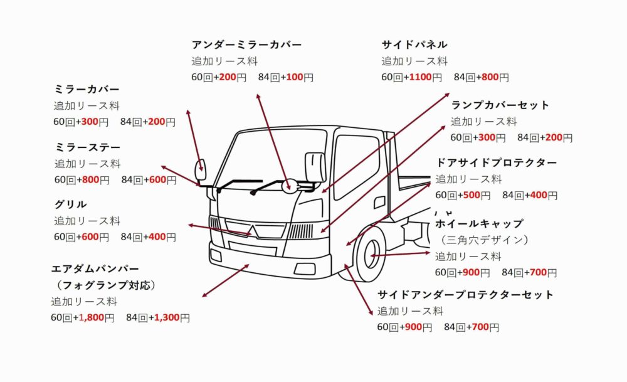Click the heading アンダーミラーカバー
click(246, 45)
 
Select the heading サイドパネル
click(414, 45)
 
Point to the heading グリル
click(70, 204)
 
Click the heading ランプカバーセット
click(500, 105)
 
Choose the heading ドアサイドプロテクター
click(496, 163)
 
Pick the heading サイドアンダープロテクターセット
click(465, 295)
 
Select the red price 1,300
click(166, 318)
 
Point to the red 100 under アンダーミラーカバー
click(294, 78)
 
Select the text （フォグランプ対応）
click(104, 285)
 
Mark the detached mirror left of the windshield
click(202, 167)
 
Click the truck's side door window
click(356, 166)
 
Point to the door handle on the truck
click(379, 202)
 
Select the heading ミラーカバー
click(87, 90)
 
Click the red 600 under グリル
click(91, 237)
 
